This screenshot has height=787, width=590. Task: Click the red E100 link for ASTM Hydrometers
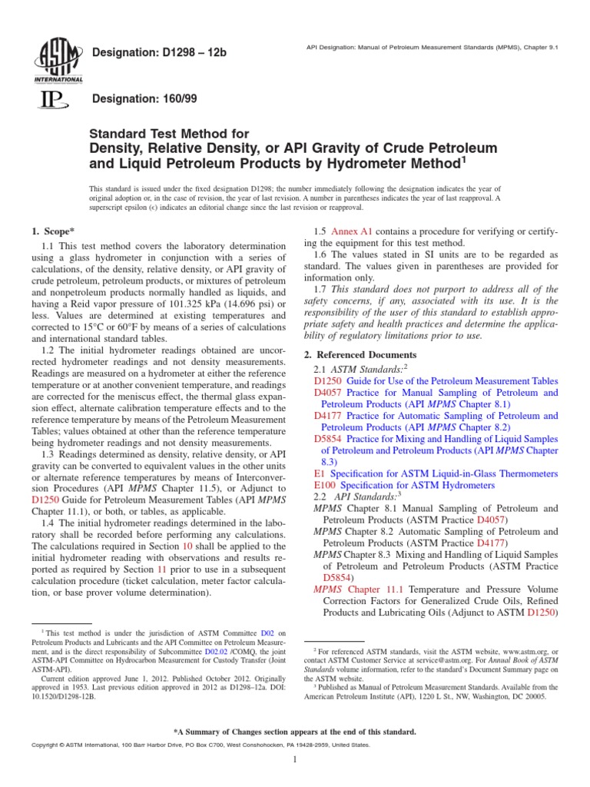point(326,486)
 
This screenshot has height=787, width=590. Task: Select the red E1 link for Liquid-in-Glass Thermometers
point(320,473)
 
